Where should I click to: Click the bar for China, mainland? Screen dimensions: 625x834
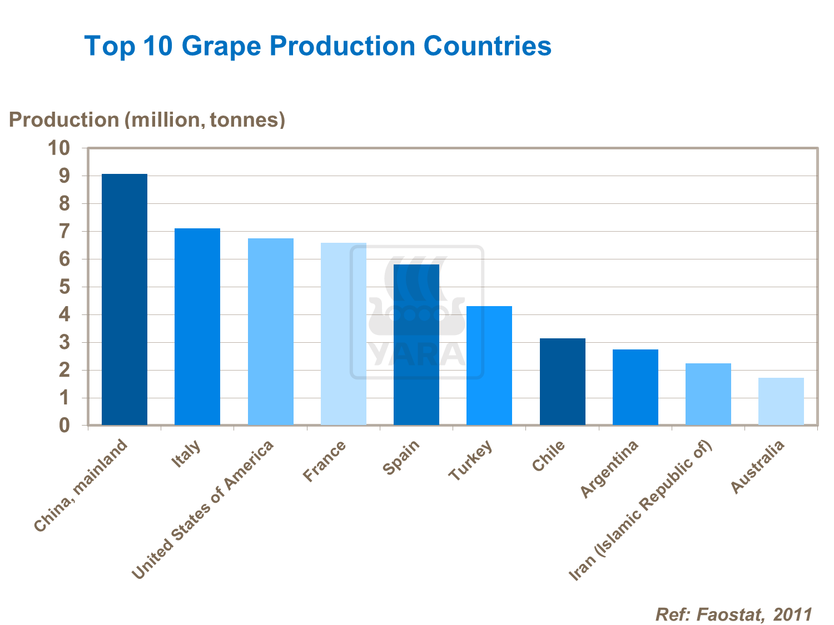(125, 300)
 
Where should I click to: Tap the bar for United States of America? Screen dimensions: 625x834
(271, 332)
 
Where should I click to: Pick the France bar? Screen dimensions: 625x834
(344, 334)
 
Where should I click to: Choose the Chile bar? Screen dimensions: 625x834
(563, 382)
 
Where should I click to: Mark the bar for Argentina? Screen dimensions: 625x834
(636, 387)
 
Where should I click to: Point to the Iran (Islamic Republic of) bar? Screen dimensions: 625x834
(708, 394)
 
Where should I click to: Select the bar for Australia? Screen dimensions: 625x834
(781, 402)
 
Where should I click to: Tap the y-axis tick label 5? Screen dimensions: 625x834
(66, 287)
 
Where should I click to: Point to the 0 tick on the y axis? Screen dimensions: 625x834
(66, 426)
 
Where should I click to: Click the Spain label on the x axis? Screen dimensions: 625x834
(401, 457)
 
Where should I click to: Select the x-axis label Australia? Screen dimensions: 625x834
(757, 467)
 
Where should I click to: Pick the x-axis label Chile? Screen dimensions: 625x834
(549, 456)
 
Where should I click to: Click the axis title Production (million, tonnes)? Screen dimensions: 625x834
(147, 119)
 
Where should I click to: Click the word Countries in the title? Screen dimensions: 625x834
(487, 46)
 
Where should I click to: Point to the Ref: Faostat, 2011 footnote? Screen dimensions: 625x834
(734, 614)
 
